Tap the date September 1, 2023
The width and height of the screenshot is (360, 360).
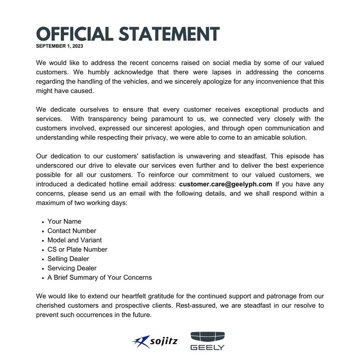click(59, 46)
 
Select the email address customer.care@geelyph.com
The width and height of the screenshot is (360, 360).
click(225, 184)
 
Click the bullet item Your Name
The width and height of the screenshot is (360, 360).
click(64, 221)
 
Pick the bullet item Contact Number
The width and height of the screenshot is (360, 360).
click(72, 231)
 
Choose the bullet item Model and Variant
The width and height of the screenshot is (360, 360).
click(74, 240)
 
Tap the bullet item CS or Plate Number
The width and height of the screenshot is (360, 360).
click(77, 249)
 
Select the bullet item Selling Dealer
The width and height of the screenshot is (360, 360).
click(68, 259)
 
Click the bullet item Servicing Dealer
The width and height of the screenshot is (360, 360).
click(72, 268)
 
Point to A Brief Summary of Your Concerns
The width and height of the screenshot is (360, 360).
click(99, 278)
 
